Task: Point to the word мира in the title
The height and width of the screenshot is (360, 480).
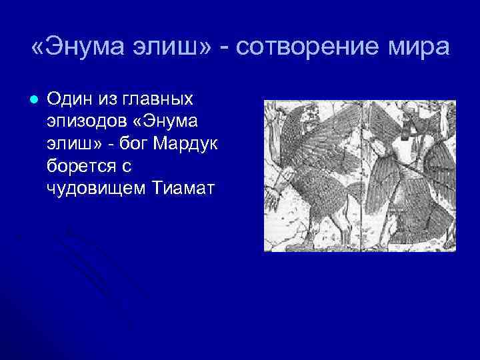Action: [x=417, y=49]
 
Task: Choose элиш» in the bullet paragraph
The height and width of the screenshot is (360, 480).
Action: [x=71, y=143]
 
